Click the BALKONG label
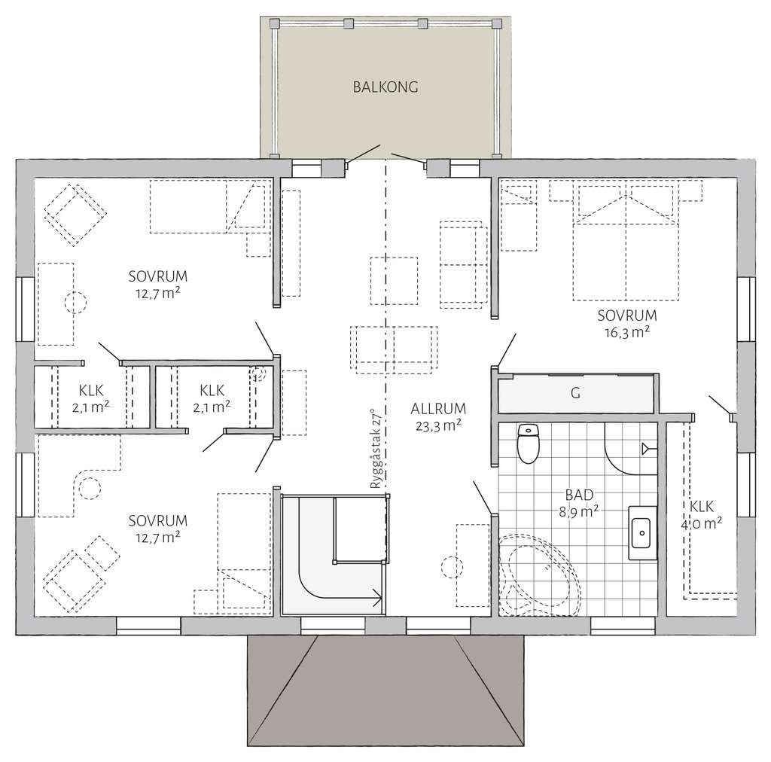pyautogui.click(x=385, y=87)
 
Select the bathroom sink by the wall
pyautogui.click(x=641, y=532)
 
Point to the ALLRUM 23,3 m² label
pyautogui.click(x=437, y=417)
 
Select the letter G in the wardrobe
pyautogui.click(x=576, y=392)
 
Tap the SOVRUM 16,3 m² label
pyautogui.click(x=626, y=322)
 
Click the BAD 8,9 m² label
pyautogui.click(x=579, y=502)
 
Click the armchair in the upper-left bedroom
pyautogui.click(x=73, y=214)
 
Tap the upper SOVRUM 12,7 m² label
pyautogui.click(x=157, y=283)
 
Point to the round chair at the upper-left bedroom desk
pyautogui.click(x=76, y=303)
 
